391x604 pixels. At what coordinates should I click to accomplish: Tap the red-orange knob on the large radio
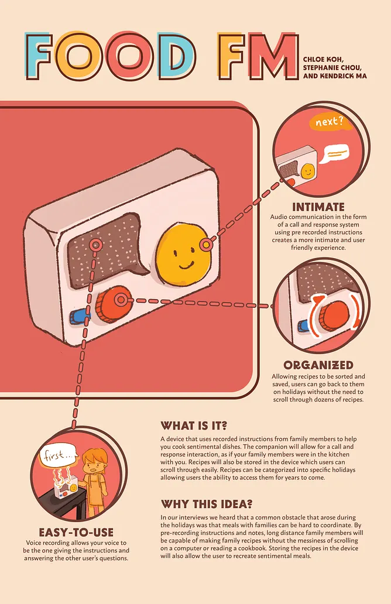pos(112,303)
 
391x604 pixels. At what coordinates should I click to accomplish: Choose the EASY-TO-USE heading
pos(76,532)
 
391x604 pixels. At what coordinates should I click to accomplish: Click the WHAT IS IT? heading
pos(193,425)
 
